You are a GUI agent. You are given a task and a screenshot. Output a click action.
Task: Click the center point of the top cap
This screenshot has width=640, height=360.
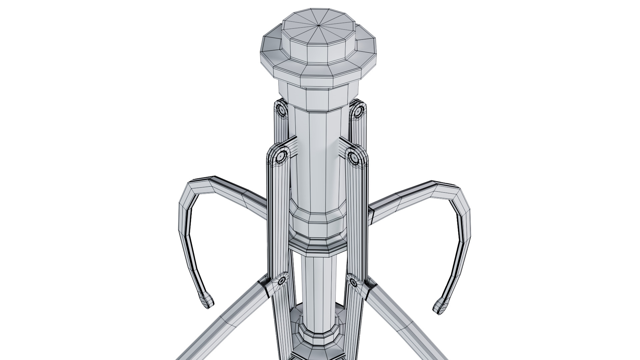[319, 25]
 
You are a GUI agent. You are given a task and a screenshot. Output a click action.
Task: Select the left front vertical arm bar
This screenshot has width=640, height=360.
[278, 217]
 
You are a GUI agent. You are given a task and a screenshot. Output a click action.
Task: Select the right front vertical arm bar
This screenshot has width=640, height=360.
[357, 217]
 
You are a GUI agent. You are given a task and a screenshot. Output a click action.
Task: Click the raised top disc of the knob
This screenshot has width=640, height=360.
[313, 37]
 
